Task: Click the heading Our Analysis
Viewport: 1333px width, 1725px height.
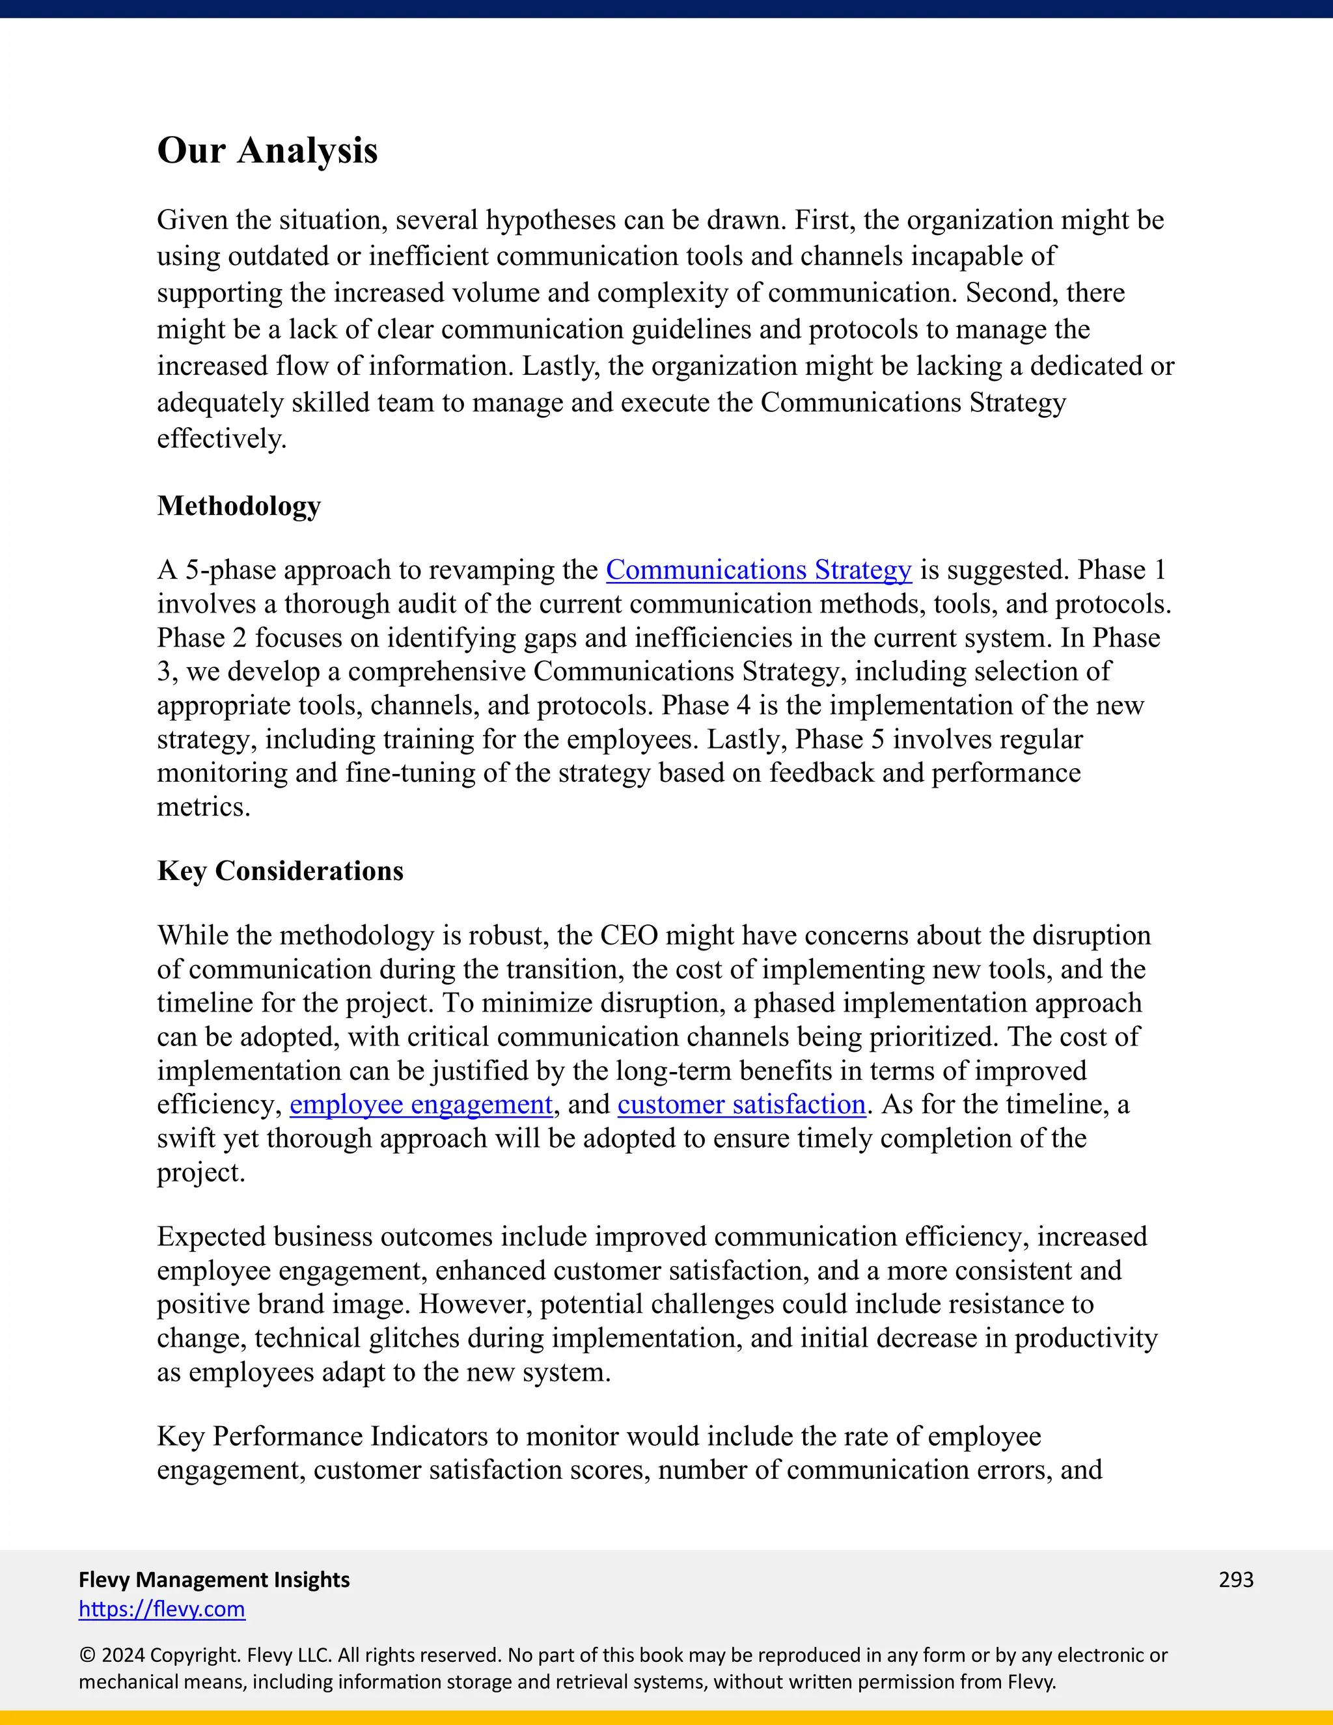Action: (267, 150)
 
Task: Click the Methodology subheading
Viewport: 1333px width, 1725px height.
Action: (238, 506)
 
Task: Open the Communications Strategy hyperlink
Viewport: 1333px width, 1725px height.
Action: (758, 570)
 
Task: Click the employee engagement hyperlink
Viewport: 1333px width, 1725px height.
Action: (421, 1104)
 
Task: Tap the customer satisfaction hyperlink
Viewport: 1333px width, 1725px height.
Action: (741, 1104)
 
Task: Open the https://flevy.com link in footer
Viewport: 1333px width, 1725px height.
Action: (162, 1609)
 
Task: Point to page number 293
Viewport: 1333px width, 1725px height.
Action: (1236, 1579)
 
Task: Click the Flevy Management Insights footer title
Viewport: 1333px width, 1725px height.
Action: (214, 1579)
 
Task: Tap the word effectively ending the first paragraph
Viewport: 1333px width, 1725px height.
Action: (221, 438)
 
